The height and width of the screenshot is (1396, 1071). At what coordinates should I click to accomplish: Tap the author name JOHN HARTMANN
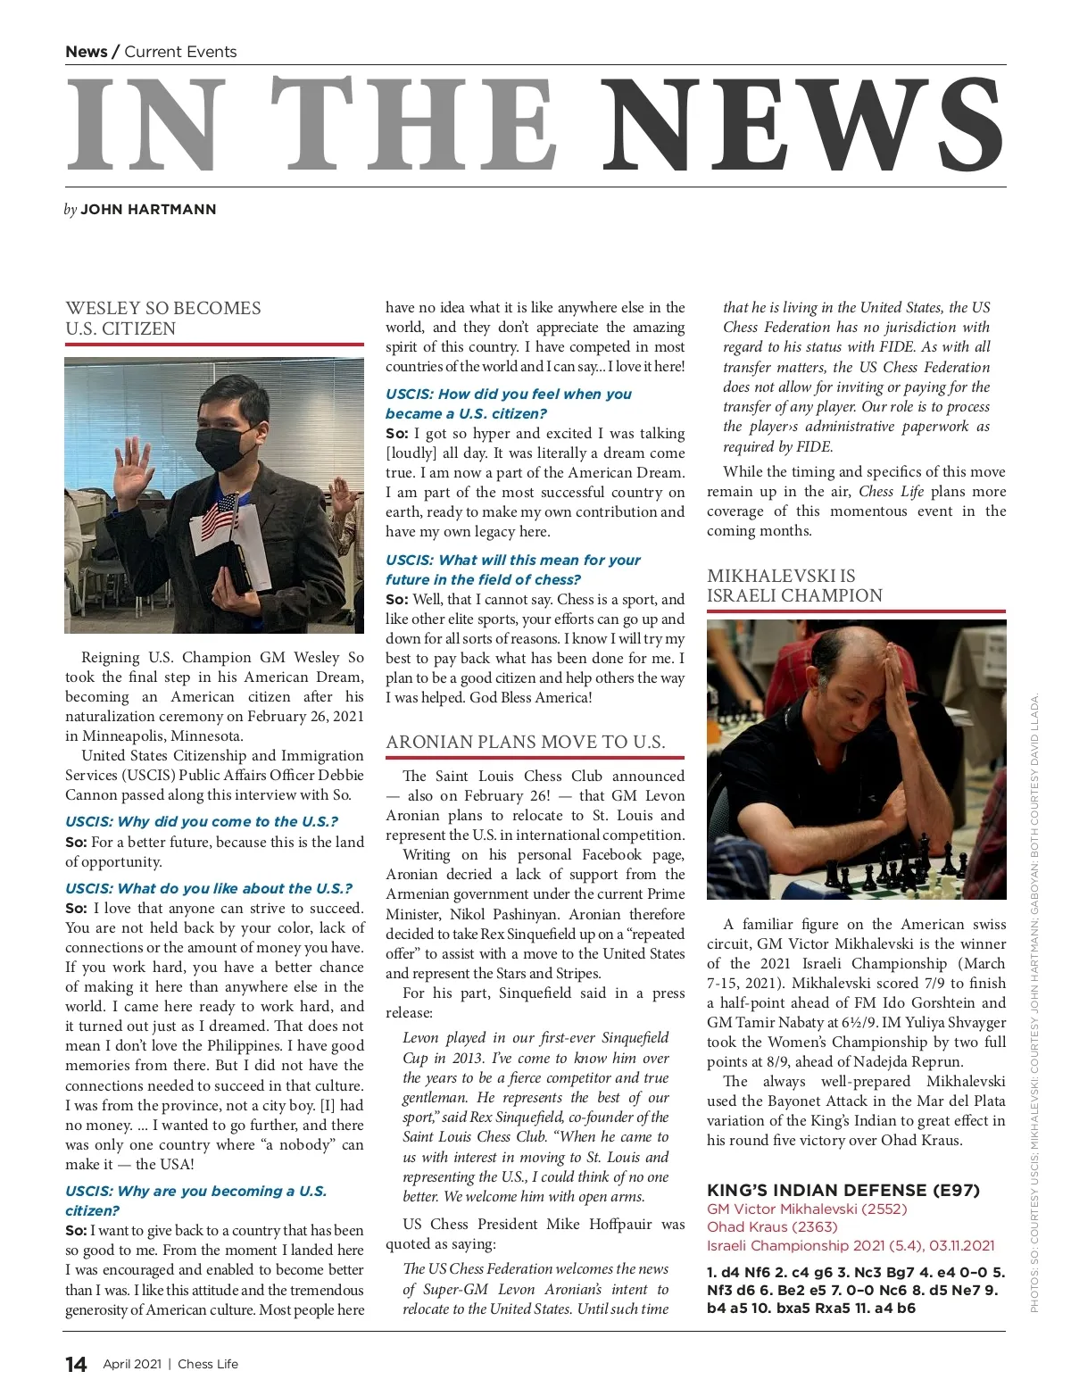pyautogui.click(x=148, y=210)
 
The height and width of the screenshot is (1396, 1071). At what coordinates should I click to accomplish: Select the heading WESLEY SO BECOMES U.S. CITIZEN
pyautogui.click(x=163, y=319)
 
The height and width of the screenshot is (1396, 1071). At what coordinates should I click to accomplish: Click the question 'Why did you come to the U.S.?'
pyautogui.click(x=202, y=821)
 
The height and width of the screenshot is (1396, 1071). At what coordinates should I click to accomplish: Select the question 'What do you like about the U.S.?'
pyautogui.click(x=209, y=888)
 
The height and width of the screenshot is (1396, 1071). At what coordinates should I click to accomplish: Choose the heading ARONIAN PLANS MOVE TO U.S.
pyautogui.click(x=525, y=742)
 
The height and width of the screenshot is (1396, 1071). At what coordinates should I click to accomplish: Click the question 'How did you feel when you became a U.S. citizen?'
pyautogui.click(x=509, y=403)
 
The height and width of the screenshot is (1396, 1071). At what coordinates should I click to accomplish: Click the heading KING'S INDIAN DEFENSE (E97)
pyautogui.click(x=843, y=1190)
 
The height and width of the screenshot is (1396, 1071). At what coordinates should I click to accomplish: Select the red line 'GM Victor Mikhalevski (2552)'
pyautogui.click(x=807, y=1209)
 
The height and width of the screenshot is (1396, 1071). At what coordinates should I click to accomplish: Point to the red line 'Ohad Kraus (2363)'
pyautogui.click(x=772, y=1227)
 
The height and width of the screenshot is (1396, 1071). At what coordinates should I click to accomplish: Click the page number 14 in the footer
pyautogui.click(x=76, y=1364)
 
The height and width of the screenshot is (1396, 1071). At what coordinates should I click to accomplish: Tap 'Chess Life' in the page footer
pyautogui.click(x=208, y=1364)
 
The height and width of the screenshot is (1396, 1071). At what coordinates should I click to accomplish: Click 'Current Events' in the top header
pyautogui.click(x=180, y=52)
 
